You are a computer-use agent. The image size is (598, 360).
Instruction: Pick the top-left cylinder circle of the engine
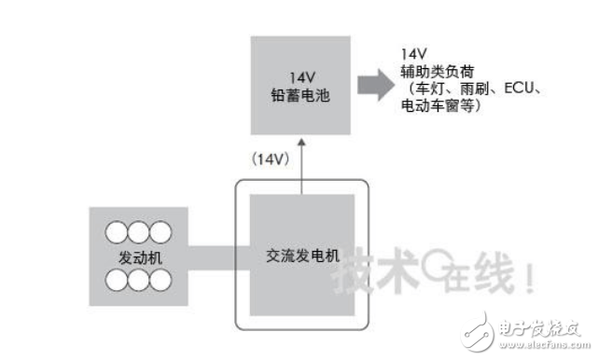pyautogui.click(x=118, y=230)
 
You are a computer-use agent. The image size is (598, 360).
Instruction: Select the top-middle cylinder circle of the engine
pyautogui.click(x=140, y=230)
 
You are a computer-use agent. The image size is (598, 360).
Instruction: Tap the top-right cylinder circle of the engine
pyautogui.click(x=161, y=230)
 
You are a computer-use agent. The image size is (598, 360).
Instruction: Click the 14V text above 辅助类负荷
pyautogui.click(x=411, y=54)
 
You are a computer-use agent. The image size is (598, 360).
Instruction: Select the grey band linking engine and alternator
pyautogui.click(x=211, y=254)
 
